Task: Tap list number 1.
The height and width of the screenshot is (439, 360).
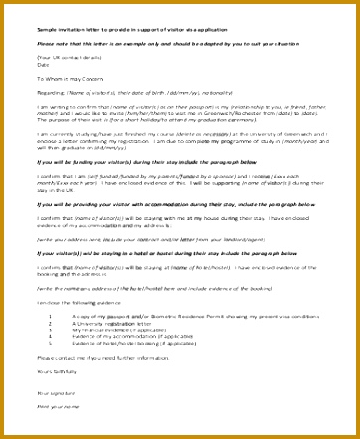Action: (49, 316)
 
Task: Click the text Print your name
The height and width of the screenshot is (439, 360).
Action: (54, 406)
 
